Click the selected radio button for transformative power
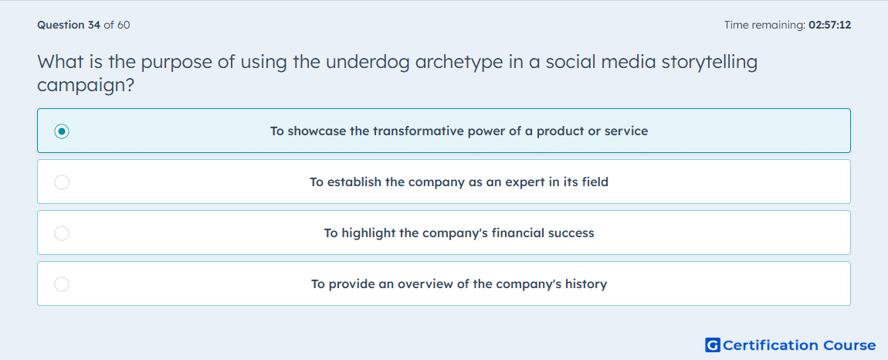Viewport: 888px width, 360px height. pyautogui.click(x=62, y=131)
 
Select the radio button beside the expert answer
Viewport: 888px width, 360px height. pyautogui.click(x=62, y=182)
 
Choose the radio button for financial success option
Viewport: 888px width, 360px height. pyautogui.click(x=62, y=233)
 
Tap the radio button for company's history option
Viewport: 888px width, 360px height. pyautogui.click(x=62, y=284)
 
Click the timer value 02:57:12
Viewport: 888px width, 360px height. pyautogui.click(x=829, y=25)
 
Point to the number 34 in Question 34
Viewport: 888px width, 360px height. pyautogui.click(x=94, y=25)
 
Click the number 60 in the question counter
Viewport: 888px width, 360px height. pyautogui.click(x=124, y=25)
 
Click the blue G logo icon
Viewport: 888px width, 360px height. pyautogui.click(x=713, y=345)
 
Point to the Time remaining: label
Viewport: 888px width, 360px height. pyautogui.click(x=764, y=25)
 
